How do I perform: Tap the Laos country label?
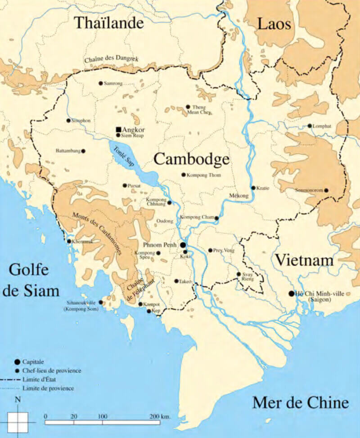pos(274,23)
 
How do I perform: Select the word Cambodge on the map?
pos(191,159)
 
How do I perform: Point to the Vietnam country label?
pos(304,260)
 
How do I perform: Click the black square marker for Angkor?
pos(118,129)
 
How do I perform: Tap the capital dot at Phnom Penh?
pos(184,244)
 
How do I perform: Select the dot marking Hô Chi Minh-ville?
pos(292,294)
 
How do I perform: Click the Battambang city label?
pos(67,151)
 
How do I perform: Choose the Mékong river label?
pos(238,196)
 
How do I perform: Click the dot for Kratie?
pos(253,188)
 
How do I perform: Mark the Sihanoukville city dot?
pos(100,303)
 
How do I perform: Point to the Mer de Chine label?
pos(300,402)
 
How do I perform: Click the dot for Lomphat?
pos(310,126)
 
